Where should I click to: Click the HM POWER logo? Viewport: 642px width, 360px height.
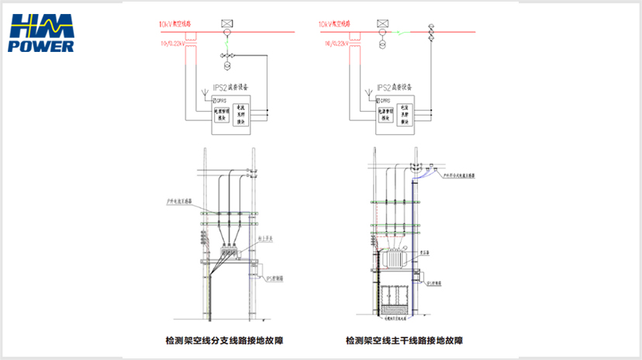point(43,35)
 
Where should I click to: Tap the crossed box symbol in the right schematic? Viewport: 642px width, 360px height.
point(383,24)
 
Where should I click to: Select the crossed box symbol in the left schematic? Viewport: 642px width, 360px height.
point(225,24)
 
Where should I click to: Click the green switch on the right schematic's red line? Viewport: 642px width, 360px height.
point(399,33)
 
